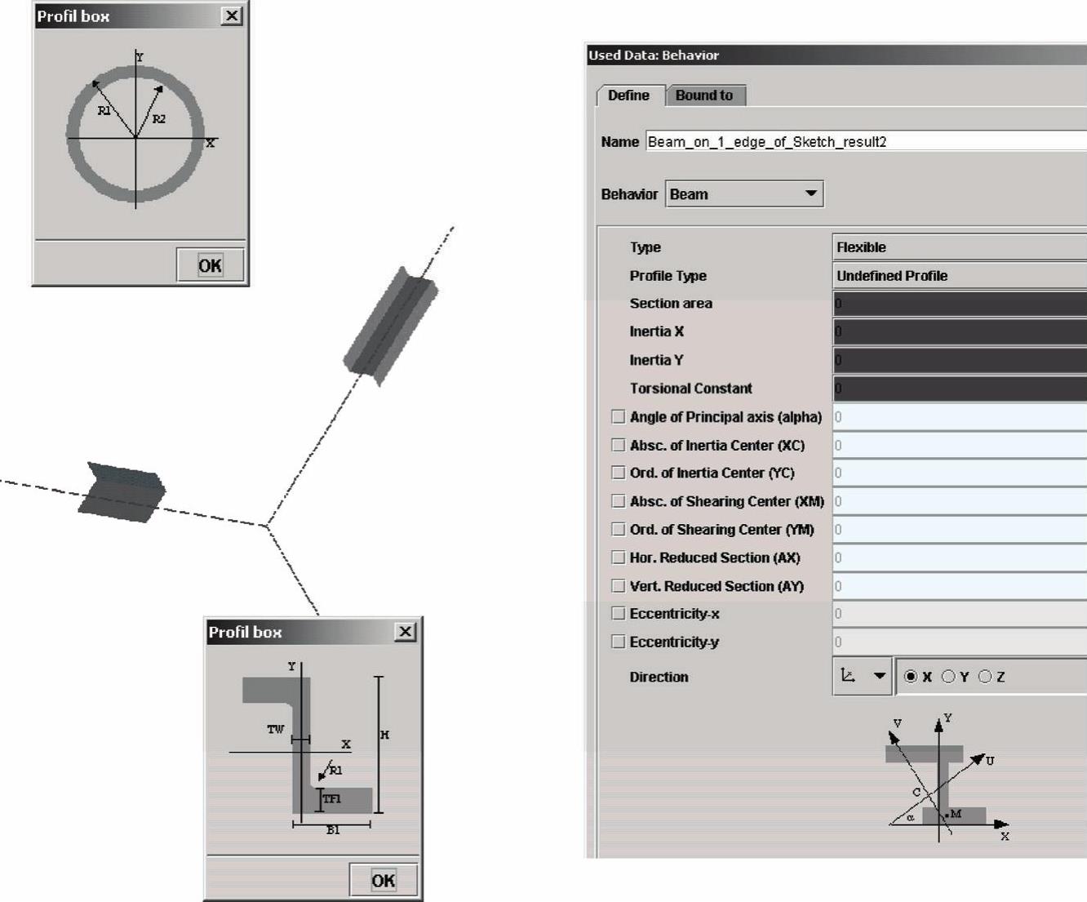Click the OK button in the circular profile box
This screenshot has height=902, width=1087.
(210, 265)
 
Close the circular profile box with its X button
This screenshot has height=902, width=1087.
(232, 16)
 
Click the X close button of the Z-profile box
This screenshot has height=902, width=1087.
(405, 632)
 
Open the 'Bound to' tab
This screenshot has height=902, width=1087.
(704, 96)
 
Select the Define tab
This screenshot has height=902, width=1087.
(629, 96)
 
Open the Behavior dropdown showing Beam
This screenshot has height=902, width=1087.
(744, 194)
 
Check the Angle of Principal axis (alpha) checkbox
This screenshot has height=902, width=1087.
(618, 416)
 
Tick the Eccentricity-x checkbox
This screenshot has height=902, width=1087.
(618, 614)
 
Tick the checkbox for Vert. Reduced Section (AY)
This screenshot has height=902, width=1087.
(618, 586)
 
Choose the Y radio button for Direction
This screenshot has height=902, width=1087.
(948, 677)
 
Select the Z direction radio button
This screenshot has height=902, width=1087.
(985, 677)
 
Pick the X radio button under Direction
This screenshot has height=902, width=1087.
(911, 677)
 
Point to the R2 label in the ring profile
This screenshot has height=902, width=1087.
(159, 119)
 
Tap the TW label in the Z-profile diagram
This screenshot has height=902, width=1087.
(276, 729)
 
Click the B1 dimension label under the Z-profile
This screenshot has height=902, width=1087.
(333, 830)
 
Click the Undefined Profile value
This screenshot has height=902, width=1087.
(892, 275)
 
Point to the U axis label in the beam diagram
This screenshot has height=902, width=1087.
(990, 761)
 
